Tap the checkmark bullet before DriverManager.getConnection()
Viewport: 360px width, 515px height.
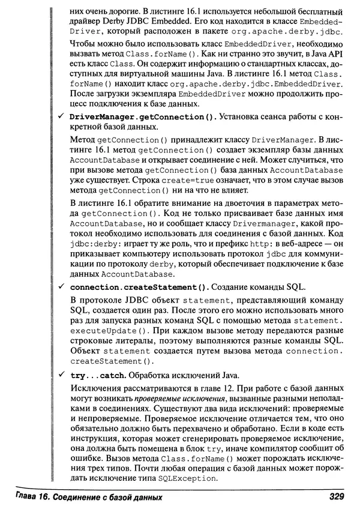pos(62,116)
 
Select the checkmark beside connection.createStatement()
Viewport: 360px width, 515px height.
pos(62,287)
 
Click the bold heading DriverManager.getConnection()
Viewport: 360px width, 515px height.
pos(136,116)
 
